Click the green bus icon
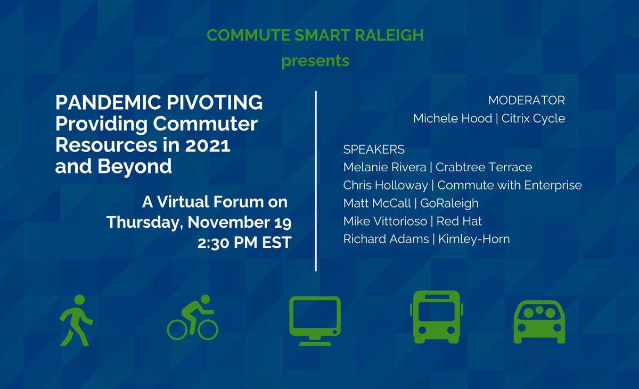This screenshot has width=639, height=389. (x=436, y=317)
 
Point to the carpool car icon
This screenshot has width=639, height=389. (x=538, y=321)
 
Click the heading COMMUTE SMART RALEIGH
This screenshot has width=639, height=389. (x=315, y=36)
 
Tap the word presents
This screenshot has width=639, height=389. (x=315, y=61)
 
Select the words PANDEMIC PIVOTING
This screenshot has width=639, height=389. (x=159, y=102)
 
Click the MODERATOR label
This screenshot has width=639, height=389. (x=526, y=100)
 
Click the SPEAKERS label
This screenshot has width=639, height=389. (x=374, y=149)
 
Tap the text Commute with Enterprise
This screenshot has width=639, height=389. (x=510, y=185)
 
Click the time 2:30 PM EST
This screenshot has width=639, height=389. (x=244, y=242)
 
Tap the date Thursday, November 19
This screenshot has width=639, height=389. (x=199, y=222)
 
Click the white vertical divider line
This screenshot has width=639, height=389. (x=316, y=181)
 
